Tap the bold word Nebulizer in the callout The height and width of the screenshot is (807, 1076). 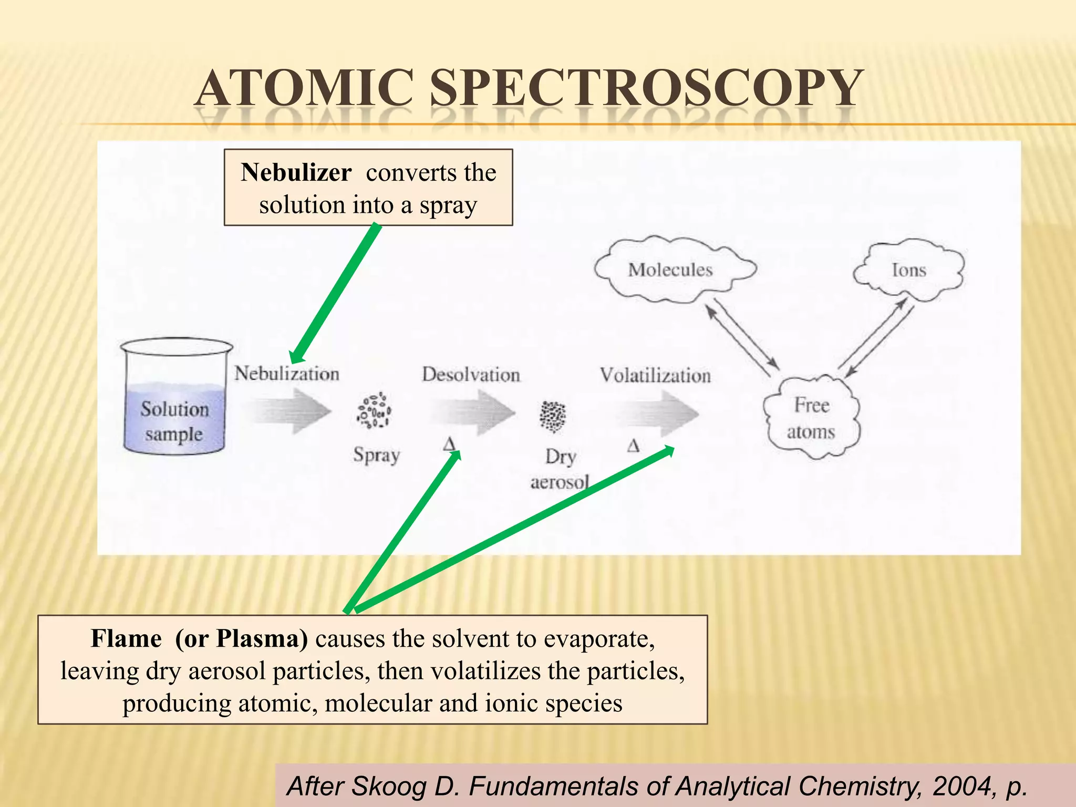tap(296, 172)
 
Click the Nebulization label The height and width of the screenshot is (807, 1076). tap(286, 374)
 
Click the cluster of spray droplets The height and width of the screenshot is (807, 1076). tap(374, 410)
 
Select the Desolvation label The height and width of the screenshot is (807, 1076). tap(471, 375)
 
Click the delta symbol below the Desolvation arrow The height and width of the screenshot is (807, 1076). tap(449, 444)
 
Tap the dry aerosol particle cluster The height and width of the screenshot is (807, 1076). tap(553, 417)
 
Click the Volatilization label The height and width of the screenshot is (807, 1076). tap(655, 375)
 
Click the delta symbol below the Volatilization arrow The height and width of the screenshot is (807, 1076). tap(634, 447)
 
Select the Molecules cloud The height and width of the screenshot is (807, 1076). tap(671, 270)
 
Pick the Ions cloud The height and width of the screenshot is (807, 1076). tap(909, 271)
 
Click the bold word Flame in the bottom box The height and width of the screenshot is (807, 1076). tap(126, 639)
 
